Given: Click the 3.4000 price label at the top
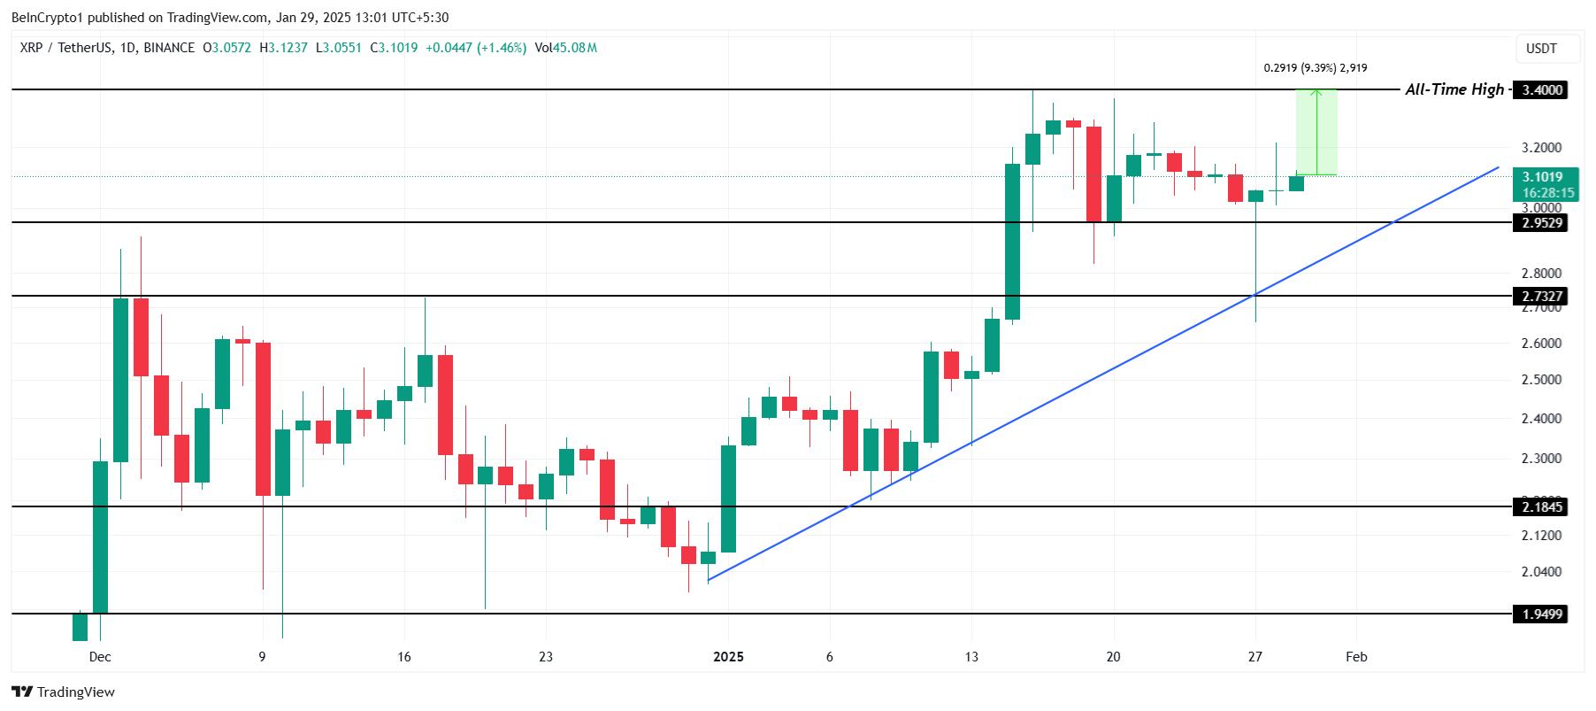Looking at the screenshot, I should tap(1540, 89).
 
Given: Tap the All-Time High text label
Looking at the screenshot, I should tap(1454, 89).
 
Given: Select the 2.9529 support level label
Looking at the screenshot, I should tap(1540, 223).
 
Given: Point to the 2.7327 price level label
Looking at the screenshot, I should tap(1540, 297).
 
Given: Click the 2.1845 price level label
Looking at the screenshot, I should tap(1540, 507).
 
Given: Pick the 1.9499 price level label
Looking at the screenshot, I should tap(1540, 614).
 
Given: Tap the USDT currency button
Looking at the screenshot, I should tap(1541, 49).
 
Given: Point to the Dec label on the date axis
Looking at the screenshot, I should tap(100, 657).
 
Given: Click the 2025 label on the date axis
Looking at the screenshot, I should tap(728, 657).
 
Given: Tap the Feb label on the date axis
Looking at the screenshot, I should tap(1356, 657).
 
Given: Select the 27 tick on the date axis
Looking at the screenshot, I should tap(1255, 657).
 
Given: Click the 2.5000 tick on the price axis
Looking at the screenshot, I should tap(1541, 380).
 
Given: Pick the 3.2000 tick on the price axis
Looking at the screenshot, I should tap(1541, 148).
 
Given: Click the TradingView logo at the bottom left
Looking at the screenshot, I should tap(64, 692).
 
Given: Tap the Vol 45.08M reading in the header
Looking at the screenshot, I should tap(566, 48).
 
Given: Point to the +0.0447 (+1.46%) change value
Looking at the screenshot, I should tap(476, 48).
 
